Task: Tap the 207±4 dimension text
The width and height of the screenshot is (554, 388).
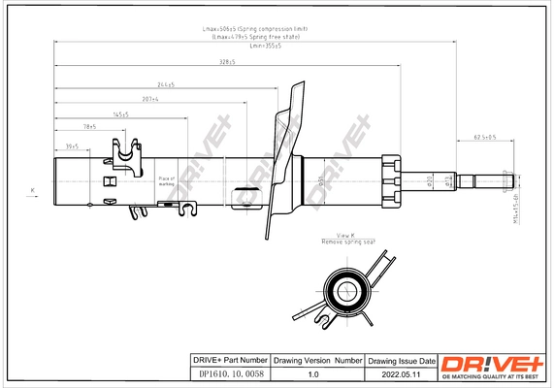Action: coord(148,99)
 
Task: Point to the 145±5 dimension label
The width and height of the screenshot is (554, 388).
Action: coord(119,113)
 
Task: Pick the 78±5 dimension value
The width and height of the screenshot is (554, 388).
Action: coord(88,127)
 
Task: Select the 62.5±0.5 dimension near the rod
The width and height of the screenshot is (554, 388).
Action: coord(484,137)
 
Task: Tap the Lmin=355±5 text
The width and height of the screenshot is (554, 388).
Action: coord(263,45)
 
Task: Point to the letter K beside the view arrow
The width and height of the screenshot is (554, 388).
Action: coord(33,187)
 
